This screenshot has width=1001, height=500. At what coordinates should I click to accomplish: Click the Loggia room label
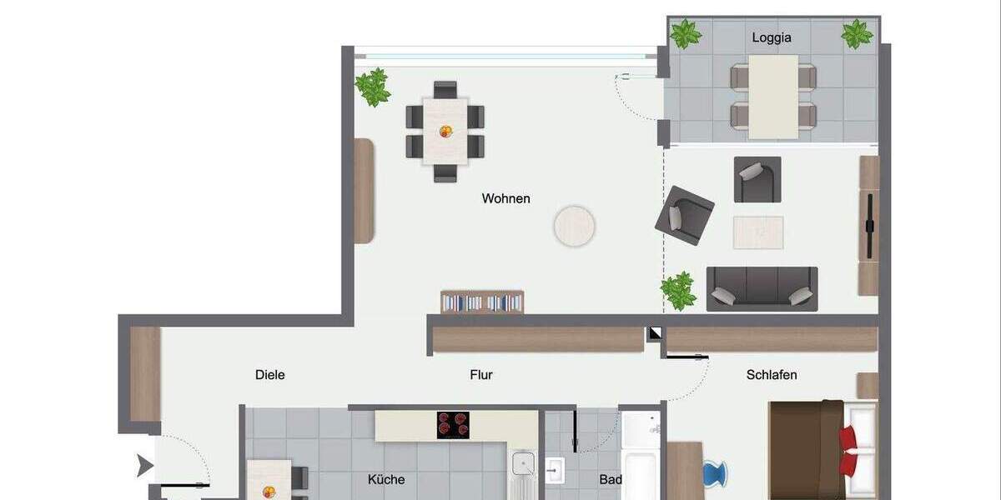771,37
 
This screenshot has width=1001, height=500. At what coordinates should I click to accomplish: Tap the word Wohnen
506,198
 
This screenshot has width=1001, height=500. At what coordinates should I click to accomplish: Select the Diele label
269,375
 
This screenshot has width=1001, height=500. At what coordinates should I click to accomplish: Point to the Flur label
481,375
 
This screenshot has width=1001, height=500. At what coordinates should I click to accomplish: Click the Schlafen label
771,375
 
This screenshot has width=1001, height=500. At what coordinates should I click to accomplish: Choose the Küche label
386,479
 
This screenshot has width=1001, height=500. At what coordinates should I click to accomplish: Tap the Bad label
609,480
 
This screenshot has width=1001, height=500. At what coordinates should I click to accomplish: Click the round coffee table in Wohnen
574,226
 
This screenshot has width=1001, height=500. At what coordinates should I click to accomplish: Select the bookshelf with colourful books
482,302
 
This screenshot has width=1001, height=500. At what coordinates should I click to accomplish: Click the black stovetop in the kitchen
453,425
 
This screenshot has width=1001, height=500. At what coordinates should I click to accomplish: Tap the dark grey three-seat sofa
762,288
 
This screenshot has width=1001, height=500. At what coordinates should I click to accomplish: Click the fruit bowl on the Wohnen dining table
445,131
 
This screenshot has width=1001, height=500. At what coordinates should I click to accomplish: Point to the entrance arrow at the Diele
145,467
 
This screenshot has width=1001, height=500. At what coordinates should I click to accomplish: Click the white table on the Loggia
773,97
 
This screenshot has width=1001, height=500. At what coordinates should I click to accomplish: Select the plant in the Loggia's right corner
857,34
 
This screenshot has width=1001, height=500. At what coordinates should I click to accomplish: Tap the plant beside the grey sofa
679,291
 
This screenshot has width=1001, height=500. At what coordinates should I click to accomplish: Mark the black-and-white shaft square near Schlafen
655,333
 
